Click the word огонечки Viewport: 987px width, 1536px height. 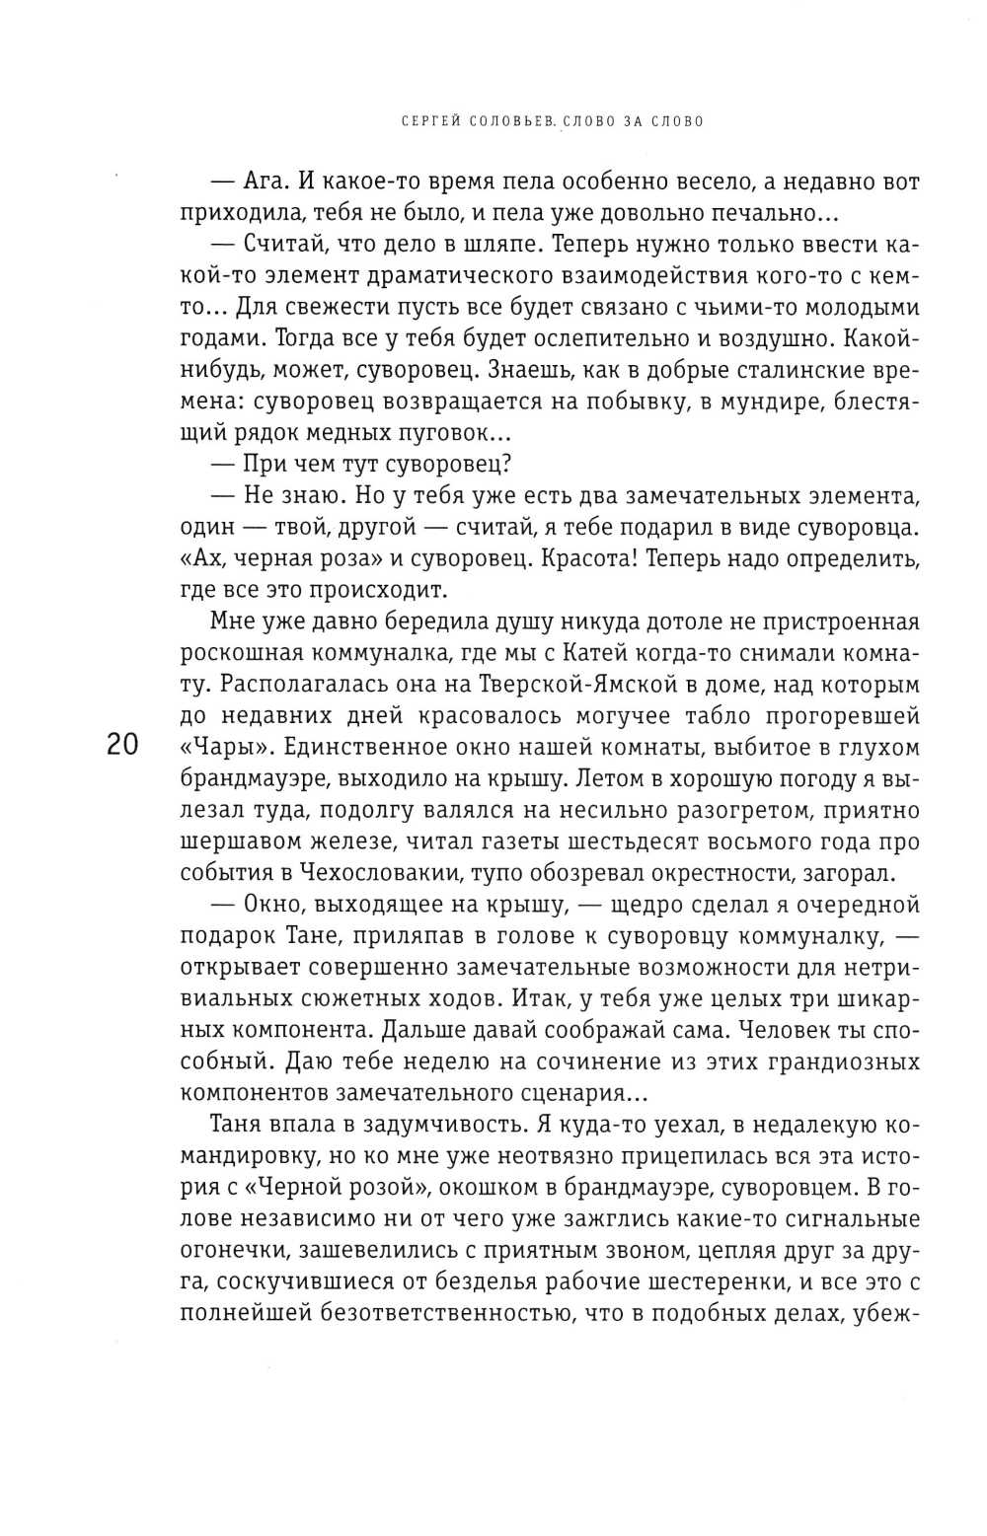coord(245,1252)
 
